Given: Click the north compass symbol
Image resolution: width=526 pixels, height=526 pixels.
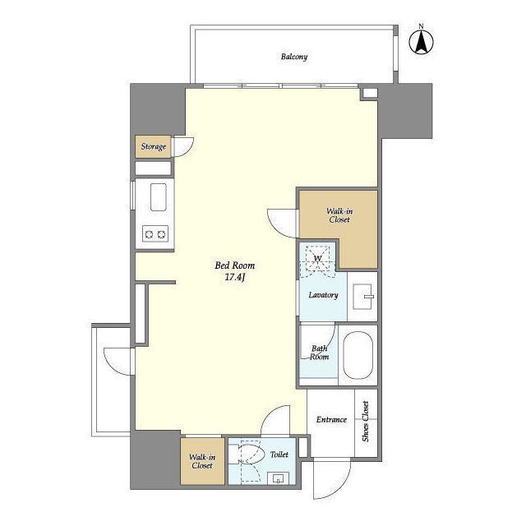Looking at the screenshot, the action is click(422, 41).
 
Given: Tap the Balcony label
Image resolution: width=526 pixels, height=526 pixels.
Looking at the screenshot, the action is click(294, 57).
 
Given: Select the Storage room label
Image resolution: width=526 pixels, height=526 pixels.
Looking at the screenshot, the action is click(154, 146).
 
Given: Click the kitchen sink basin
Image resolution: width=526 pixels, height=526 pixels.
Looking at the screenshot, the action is click(159, 197).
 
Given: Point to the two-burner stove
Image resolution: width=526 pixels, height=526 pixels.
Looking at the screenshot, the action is click(155, 233).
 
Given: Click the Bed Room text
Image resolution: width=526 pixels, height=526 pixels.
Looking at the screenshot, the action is click(235, 265).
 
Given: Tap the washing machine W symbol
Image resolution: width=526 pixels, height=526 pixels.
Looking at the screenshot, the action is click(317, 258).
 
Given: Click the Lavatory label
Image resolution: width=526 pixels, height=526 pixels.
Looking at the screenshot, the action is click(323, 295).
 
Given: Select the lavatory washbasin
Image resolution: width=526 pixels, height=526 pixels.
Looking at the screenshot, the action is click(363, 297).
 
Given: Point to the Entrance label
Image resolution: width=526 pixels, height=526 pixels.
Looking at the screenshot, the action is click(331, 420).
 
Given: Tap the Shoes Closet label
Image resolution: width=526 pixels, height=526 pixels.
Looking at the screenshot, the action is click(366, 422).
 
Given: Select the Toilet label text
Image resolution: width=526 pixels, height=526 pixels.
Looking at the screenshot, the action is click(279, 454).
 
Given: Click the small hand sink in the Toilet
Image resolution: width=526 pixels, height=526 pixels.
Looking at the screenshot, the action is click(278, 478).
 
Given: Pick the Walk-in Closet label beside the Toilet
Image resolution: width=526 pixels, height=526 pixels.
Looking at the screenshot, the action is click(202, 461).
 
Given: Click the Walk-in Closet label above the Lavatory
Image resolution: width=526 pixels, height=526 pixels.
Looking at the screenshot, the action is click(339, 215).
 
